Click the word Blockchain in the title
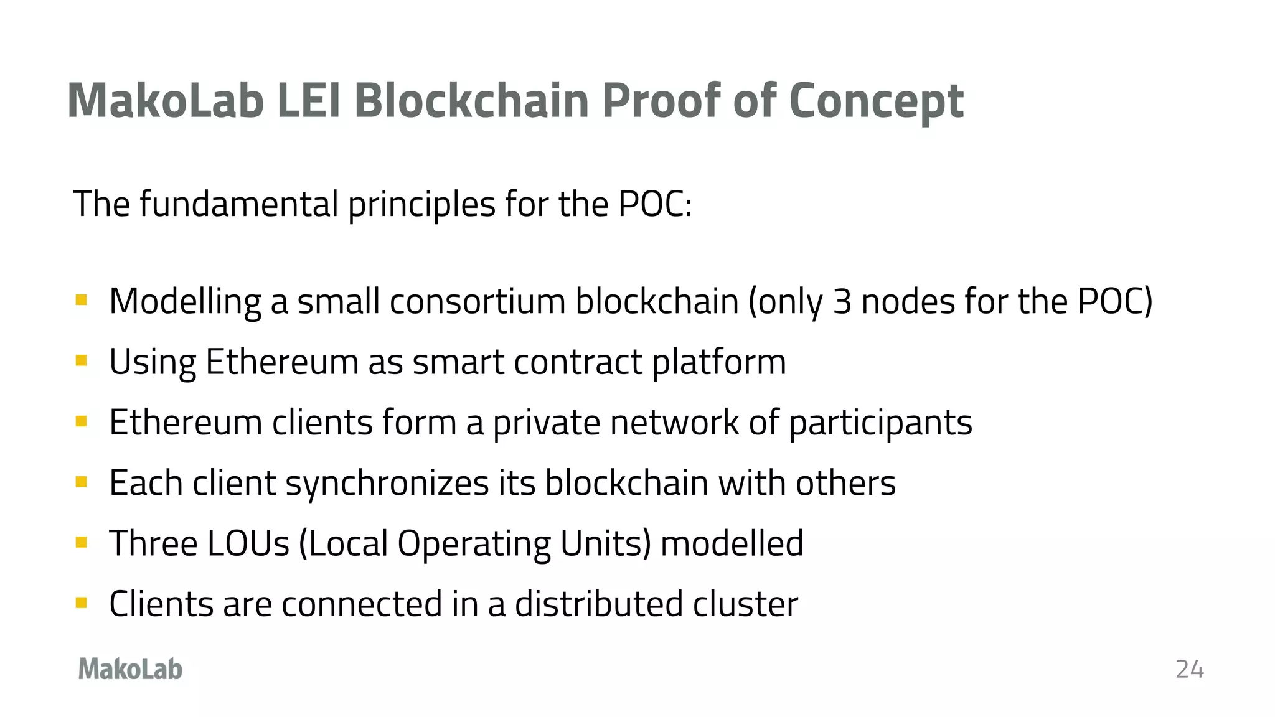[x=471, y=101]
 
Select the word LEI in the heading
[x=309, y=101]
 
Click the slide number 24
[x=1189, y=669]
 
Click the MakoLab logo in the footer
[x=130, y=669]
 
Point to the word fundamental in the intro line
[x=238, y=204]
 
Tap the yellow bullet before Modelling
[x=81, y=301]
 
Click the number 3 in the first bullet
[x=842, y=301]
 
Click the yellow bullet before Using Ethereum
[x=81, y=361]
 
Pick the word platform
[x=719, y=362]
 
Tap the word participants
[x=880, y=423]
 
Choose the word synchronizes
[x=387, y=483]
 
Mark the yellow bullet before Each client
[x=81, y=482]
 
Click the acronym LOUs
[x=248, y=543]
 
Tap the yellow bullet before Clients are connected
[x=81, y=602]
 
